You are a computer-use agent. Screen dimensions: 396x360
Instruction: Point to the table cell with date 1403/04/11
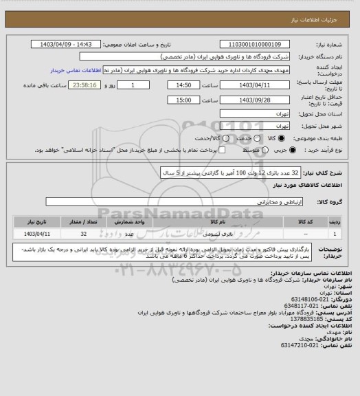click(x=36, y=234)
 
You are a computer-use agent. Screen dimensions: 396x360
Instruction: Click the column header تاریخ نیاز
click(x=36, y=223)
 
